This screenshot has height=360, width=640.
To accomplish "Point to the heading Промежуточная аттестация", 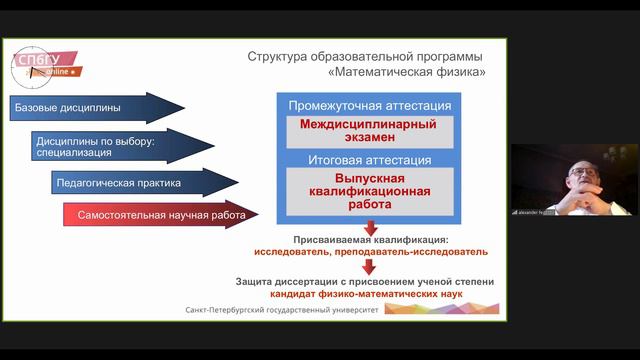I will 370,105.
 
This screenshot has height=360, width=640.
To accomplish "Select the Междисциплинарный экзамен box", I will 370,131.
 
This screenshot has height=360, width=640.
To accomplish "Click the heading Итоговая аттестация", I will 370,160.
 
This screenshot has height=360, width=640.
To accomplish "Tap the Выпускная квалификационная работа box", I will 370,191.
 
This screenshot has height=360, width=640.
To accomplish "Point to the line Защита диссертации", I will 365,282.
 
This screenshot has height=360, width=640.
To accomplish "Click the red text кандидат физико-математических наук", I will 365,295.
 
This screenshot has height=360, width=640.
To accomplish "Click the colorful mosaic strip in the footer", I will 440,309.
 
